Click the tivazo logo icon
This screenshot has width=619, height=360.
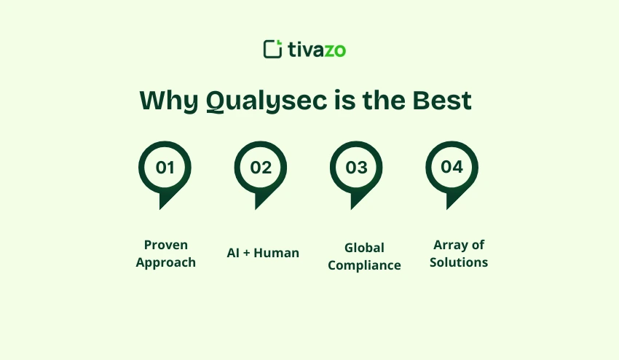(x=272, y=49)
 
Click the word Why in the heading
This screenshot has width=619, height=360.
(x=168, y=101)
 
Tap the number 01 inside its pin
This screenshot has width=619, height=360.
(x=165, y=167)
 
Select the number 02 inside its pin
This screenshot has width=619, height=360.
(x=261, y=167)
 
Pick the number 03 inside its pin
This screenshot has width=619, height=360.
(x=356, y=167)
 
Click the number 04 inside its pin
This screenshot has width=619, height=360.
(x=452, y=167)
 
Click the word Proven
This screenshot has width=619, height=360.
(x=165, y=245)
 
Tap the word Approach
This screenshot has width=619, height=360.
(x=165, y=262)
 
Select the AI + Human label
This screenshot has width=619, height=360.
(x=263, y=253)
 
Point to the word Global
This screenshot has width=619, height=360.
(x=364, y=248)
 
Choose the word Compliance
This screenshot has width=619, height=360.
(x=364, y=265)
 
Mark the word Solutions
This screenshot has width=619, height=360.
(x=459, y=262)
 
